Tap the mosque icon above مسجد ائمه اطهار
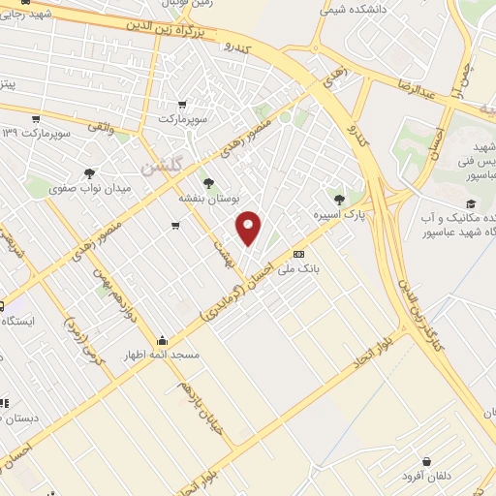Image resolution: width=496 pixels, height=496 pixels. click(x=162, y=340)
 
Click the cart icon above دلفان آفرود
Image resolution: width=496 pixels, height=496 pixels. click(x=426, y=461)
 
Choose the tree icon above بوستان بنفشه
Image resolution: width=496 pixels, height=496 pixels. click(x=208, y=181)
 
